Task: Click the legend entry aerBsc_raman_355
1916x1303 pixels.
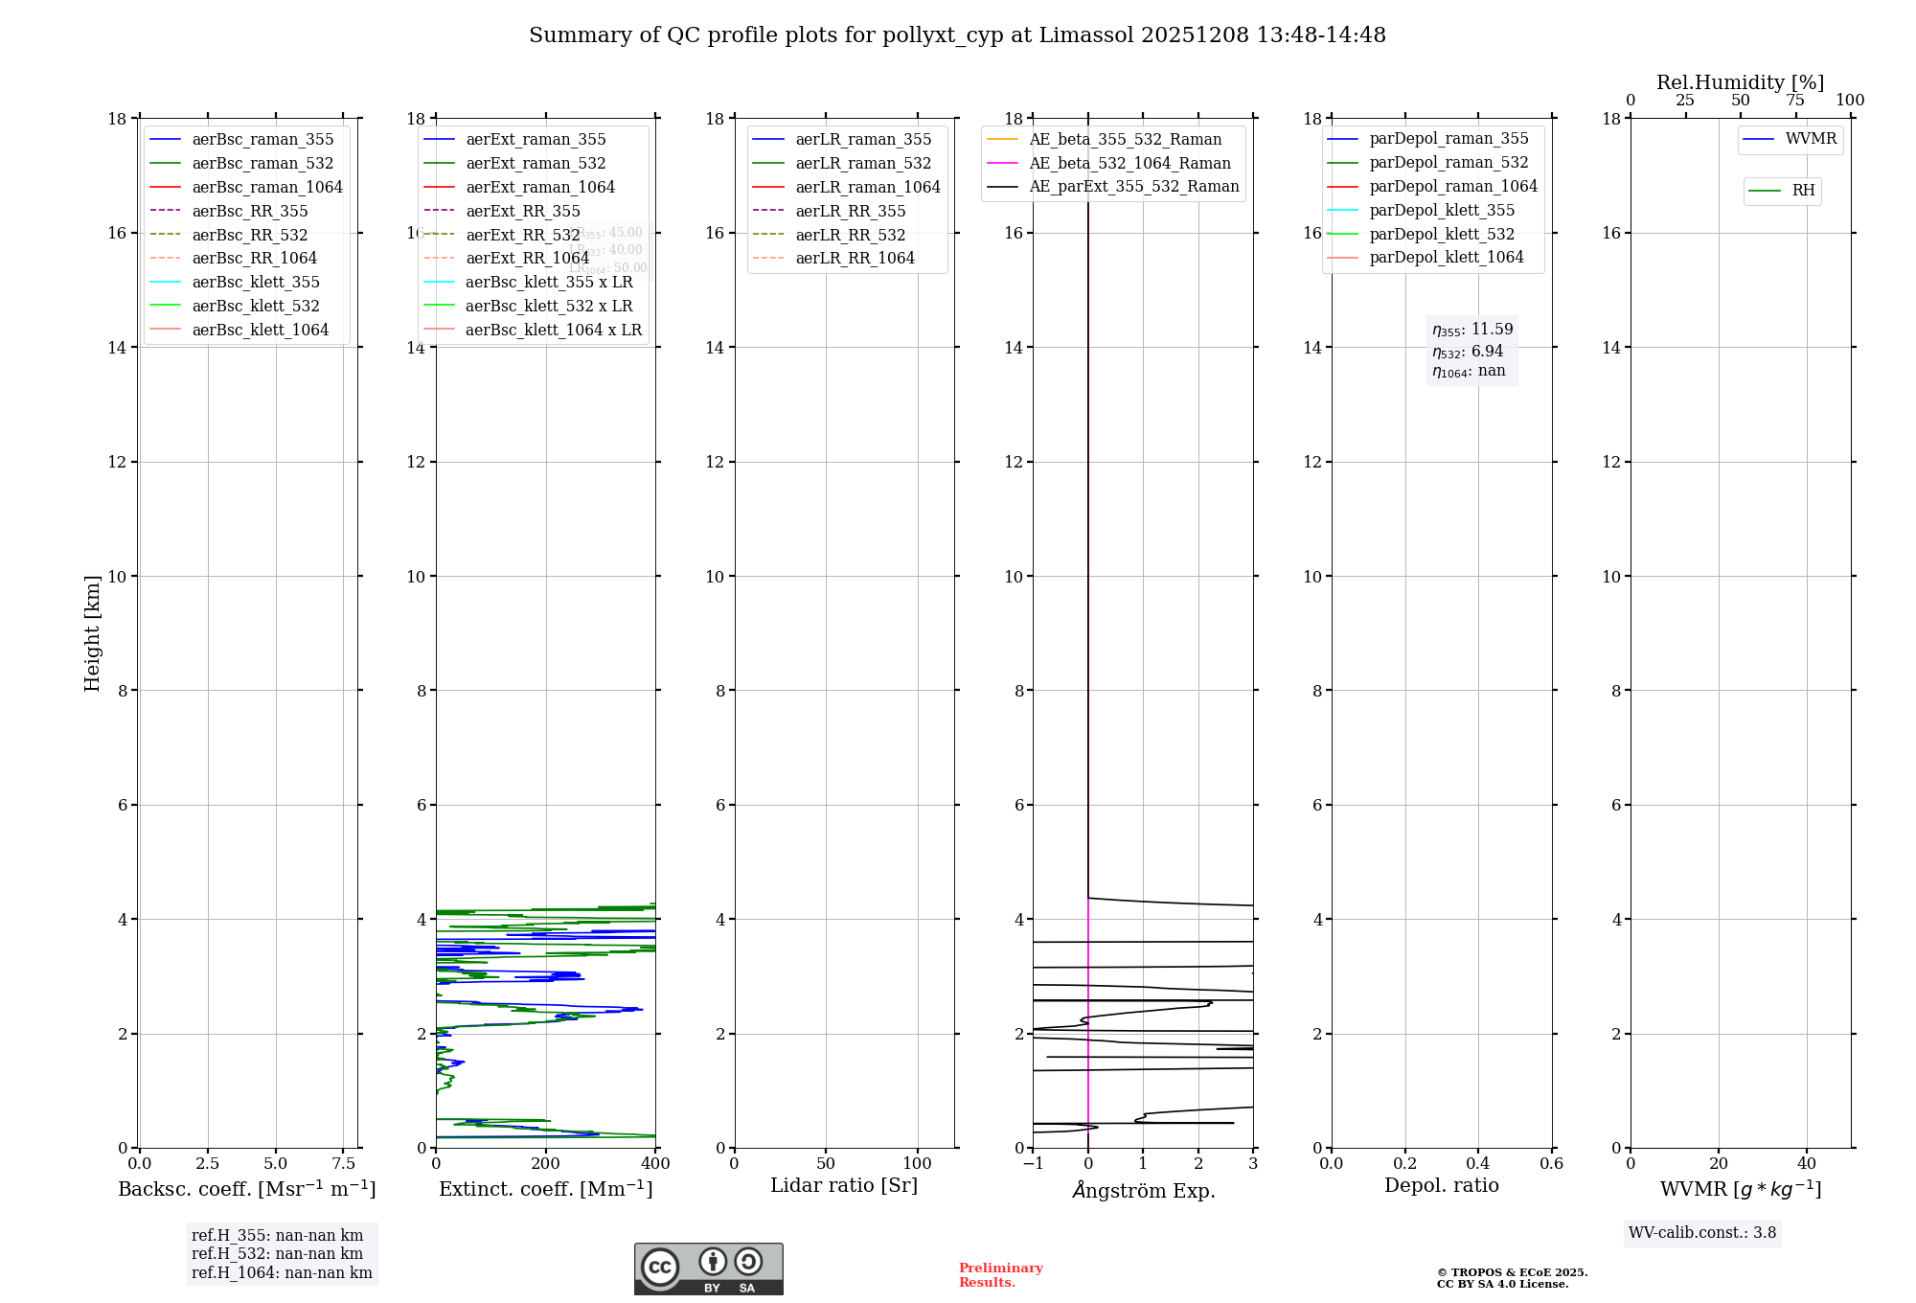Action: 262,140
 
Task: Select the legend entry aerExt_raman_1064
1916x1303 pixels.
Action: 540,188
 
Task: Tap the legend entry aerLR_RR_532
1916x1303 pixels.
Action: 850,235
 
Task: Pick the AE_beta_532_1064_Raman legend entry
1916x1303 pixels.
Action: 1129,164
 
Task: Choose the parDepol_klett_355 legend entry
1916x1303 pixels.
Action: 1442,211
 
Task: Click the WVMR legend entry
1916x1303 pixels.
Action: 1811,139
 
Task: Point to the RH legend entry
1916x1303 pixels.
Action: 1803,191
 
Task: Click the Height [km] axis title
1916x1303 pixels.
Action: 92,632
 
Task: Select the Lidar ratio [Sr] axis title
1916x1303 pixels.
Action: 844,1186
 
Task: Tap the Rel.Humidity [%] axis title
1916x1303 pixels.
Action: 1740,82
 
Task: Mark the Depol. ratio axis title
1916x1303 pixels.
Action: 1441,1186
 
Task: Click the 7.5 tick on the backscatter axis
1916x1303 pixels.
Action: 344,1164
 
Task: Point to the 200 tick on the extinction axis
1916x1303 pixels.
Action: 545,1164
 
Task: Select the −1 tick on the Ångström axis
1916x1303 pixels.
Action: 1033,1164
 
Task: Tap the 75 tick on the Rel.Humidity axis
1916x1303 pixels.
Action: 1795,101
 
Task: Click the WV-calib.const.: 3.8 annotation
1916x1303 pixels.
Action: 1701,1233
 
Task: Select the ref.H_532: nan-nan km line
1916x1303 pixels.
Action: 277,1254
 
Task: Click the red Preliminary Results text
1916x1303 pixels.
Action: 1000,1275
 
